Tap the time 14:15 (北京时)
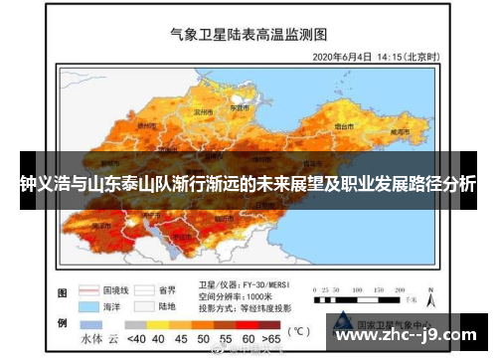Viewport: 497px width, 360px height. (x=407, y=56)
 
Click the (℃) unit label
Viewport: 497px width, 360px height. (x=298, y=330)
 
